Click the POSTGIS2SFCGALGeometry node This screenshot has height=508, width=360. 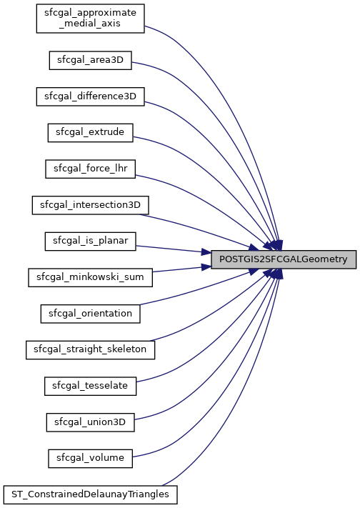(x=284, y=259)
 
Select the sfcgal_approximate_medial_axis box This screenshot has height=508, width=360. (x=91, y=19)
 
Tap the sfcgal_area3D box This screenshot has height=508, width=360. (x=91, y=60)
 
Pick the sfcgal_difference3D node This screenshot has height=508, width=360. (x=91, y=96)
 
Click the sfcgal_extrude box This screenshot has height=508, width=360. (x=91, y=132)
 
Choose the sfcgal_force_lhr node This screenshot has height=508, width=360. (x=91, y=169)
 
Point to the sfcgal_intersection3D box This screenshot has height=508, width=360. (x=91, y=205)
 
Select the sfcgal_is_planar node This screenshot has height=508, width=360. (x=91, y=241)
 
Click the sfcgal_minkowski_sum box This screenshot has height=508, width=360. (x=91, y=277)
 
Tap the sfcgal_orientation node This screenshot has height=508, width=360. (x=91, y=314)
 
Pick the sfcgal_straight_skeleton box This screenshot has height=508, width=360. (x=91, y=349)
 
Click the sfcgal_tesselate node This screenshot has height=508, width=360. (x=91, y=386)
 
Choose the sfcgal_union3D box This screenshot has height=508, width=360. (x=91, y=422)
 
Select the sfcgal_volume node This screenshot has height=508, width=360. (x=91, y=459)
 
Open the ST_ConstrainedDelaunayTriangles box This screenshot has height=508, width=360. (x=91, y=494)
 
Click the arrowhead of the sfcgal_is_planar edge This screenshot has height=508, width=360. (x=206, y=251)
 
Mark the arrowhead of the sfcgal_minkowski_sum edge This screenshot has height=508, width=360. (x=206, y=267)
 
